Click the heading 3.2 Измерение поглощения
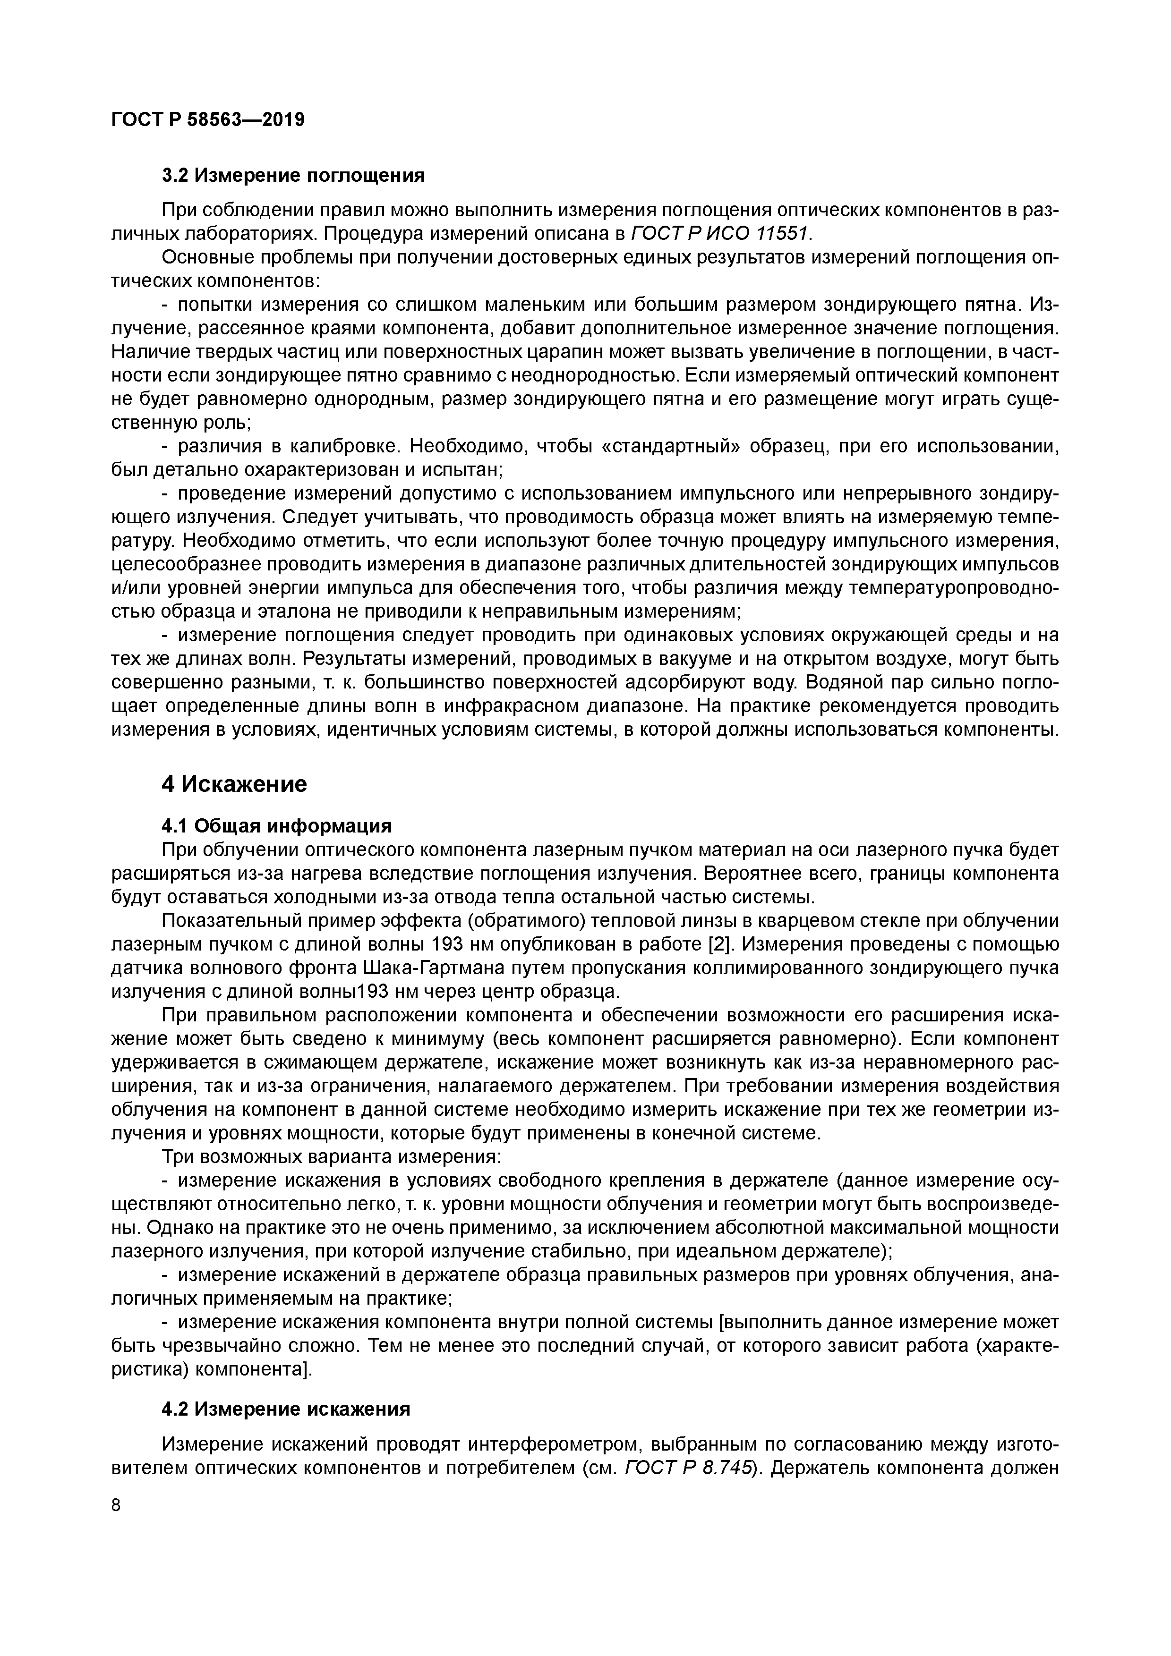tap(293, 175)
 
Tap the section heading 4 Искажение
tap(234, 784)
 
